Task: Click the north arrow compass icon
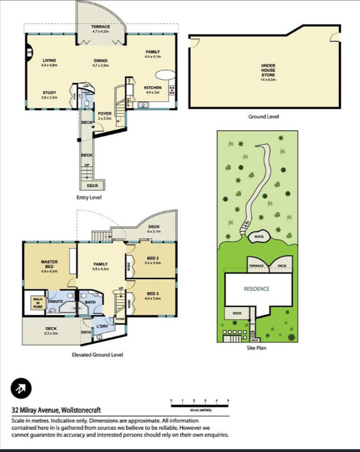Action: pyautogui.click(x=21, y=388)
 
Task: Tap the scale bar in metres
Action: pyautogui.click(x=200, y=406)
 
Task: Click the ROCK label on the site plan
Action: pyautogui.click(x=259, y=236)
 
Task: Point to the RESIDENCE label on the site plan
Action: pyautogui.click(x=256, y=289)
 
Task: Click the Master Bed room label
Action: pyautogui.click(x=49, y=266)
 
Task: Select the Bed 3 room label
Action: pyautogui.click(x=153, y=296)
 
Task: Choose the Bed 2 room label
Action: pyautogui.click(x=153, y=260)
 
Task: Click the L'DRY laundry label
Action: pyautogui.click(x=102, y=327)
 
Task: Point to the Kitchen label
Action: pyautogui.click(x=153, y=90)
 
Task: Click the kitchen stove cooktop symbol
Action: pyautogui.click(x=172, y=89)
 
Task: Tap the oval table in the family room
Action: pyautogui.click(x=165, y=75)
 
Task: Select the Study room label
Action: pyautogui.click(x=49, y=95)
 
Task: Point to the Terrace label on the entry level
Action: pyautogui.click(x=100, y=29)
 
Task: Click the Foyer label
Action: pyautogui.click(x=105, y=115)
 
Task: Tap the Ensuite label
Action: pyautogui.click(x=55, y=301)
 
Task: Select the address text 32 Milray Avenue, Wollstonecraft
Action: pyautogui.click(x=56, y=410)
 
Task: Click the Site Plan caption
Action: pyautogui.click(x=256, y=348)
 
